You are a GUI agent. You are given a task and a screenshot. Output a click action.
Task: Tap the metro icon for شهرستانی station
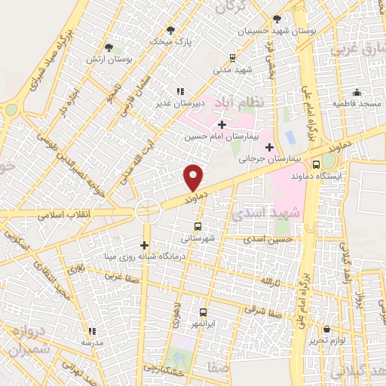pyautogui.click(x=198, y=225)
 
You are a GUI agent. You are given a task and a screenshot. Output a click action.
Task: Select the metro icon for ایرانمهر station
pyautogui.click(x=203, y=311)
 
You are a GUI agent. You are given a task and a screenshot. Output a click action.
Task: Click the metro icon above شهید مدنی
pyautogui.click(x=232, y=58)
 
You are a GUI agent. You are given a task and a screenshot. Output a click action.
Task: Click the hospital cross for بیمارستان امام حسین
pyautogui.click(x=222, y=125)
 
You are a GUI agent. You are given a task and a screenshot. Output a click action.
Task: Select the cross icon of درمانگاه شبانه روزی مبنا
pyautogui.click(x=144, y=245)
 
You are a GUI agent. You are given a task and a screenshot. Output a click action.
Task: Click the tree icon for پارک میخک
pyautogui.click(x=171, y=29)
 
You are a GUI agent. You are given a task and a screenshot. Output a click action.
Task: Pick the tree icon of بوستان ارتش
pyautogui.click(x=109, y=47)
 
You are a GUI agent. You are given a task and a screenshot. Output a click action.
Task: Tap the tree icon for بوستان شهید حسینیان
pyautogui.click(x=277, y=19)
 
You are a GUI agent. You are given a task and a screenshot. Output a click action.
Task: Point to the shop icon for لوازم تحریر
pyautogui.click(x=326, y=329)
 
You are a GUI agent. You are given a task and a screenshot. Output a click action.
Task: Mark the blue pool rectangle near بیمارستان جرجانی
pyautogui.click(x=290, y=138)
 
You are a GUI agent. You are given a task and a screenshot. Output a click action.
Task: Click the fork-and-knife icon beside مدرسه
pyautogui.click(x=92, y=331)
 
